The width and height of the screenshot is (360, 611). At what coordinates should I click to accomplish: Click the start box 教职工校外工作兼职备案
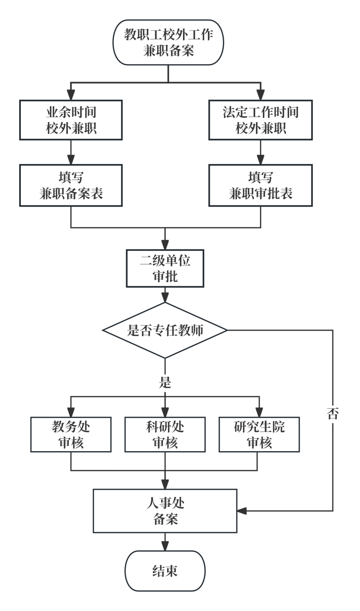click(168, 42)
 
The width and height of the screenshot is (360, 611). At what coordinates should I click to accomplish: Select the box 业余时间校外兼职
click(71, 120)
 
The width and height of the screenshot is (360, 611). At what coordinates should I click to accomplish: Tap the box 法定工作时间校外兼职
click(261, 120)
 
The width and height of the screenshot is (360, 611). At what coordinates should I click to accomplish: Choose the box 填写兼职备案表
click(71, 185)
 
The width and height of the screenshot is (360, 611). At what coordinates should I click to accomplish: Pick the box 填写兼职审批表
click(261, 185)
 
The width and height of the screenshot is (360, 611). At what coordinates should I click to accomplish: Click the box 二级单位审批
click(165, 269)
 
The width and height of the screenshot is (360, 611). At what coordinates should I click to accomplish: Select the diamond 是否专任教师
click(165, 330)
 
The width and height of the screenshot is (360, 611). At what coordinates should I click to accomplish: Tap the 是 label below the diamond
click(165, 382)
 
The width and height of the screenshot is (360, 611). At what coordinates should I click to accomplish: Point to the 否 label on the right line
click(333, 414)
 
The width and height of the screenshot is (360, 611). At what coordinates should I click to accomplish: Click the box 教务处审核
click(71, 435)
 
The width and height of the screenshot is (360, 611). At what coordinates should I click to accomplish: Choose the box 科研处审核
click(165, 435)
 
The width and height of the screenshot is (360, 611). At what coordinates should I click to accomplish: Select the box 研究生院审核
click(259, 435)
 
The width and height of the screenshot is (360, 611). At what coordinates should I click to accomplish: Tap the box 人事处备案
click(165, 511)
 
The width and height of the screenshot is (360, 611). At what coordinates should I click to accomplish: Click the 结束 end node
click(165, 571)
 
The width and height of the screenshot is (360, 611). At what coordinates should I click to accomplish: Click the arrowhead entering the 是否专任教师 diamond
click(165, 298)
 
